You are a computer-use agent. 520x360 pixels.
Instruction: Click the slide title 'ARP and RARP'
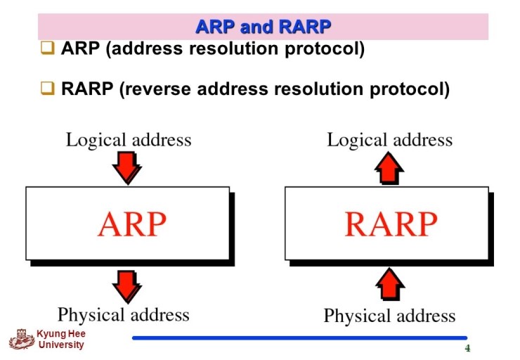point(263,27)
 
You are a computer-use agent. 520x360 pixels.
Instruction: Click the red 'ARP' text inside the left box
point(132,224)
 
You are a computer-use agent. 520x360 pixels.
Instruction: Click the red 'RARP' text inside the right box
point(391,224)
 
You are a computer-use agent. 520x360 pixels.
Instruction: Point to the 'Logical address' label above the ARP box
point(129,139)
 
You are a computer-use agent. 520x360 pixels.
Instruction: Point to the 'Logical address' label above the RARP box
point(389,139)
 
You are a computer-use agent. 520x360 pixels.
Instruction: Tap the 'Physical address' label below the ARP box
point(124,314)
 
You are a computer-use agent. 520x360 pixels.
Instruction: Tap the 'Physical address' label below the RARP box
point(389,316)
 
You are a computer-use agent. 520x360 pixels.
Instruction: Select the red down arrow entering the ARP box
point(127,167)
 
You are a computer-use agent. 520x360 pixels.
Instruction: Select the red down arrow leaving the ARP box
point(127,285)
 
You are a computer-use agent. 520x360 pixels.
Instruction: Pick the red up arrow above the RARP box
point(390,167)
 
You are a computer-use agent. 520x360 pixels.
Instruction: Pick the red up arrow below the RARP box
point(390,285)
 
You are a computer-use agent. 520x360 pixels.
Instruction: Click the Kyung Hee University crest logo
point(22,340)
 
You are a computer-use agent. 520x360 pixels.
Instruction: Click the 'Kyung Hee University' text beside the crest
point(61,340)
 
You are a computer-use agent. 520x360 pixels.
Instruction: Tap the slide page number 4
point(467,349)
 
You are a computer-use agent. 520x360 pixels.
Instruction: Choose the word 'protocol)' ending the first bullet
point(330,50)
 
